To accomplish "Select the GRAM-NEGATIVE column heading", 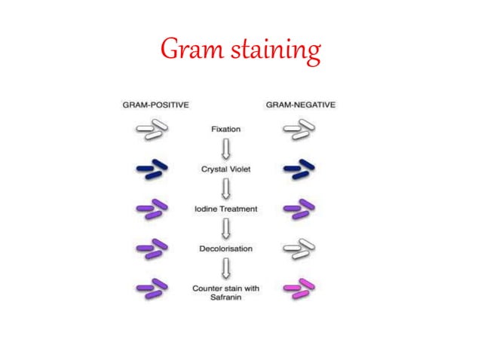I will pyautogui.click(x=299, y=105).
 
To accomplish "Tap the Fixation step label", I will pyautogui.click(x=225, y=130).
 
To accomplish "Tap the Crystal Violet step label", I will pyautogui.click(x=225, y=169).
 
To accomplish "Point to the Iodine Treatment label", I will pyautogui.click(x=225, y=209).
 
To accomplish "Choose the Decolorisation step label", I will pyautogui.click(x=225, y=248).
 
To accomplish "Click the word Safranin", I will pyautogui.click(x=225, y=296).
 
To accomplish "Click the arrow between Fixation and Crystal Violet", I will pyautogui.click(x=225, y=149).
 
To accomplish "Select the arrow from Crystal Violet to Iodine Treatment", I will pyautogui.click(x=225, y=189).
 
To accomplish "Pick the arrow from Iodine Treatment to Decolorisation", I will pyautogui.click(x=225, y=228).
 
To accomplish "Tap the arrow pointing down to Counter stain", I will pyautogui.click(x=225, y=267).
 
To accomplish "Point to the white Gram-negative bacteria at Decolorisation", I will pyautogui.click(x=299, y=248).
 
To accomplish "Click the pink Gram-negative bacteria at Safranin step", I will pyautogui.click(x=299, y=287).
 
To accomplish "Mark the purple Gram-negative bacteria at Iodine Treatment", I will pyautogui.click(x=299, y=209).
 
